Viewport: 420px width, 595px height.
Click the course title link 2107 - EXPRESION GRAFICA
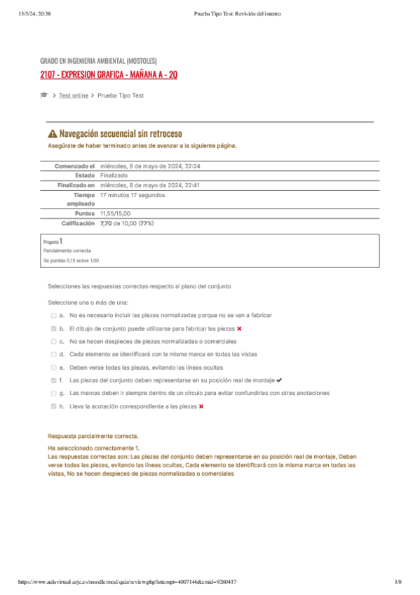pos(109,74)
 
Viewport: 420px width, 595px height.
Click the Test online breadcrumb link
pos(74,95)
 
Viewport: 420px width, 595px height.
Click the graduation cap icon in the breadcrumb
pos(43,95)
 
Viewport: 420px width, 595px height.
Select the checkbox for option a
pos(53,316)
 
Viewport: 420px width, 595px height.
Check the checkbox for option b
pos(53,328)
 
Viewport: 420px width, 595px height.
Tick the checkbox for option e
pos(53,367)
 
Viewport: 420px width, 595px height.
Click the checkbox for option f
pos(53,380)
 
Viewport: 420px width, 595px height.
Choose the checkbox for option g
pos(53,393)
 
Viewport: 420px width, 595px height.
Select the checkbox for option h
pos(53,406)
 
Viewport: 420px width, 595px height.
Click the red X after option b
pos(240,328)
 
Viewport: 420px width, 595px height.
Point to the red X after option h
pos(201,406)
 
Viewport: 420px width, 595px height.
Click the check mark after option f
pos(279,380)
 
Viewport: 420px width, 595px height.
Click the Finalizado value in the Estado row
pos(114,175)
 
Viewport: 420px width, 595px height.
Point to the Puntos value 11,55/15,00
pos(116,213)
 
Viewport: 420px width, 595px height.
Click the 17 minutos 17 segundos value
pos(133,195)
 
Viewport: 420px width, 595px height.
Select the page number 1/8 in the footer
pos(398,582)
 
